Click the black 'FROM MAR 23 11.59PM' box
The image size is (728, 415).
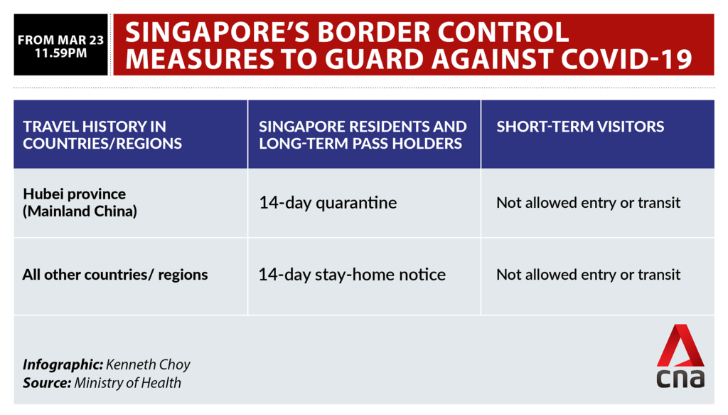click(x=61, y=45)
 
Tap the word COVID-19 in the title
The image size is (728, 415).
click(x=627, y=59)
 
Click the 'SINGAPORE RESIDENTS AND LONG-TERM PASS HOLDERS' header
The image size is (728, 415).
click(x=363, y=135)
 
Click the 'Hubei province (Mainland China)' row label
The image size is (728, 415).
click(x=80, y=203)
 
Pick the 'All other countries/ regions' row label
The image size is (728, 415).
click(x=115, y=275)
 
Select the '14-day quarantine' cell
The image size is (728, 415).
click(x=328, y=203)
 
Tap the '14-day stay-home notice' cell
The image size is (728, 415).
click(x=352, y=275)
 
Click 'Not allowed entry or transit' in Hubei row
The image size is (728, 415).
click(x=588, y=203)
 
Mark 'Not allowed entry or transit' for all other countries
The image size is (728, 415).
click(x=588, y=275)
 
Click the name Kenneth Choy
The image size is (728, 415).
click(x=148, y=364)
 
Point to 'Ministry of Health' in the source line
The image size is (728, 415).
click(x=128, y=383)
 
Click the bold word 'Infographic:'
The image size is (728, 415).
click(x=63, y=364)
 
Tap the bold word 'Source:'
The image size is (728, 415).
click(x=48, y=383)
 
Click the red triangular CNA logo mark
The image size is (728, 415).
click(x=680, y=345)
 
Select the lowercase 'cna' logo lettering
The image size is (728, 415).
click(x=680, y=378)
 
